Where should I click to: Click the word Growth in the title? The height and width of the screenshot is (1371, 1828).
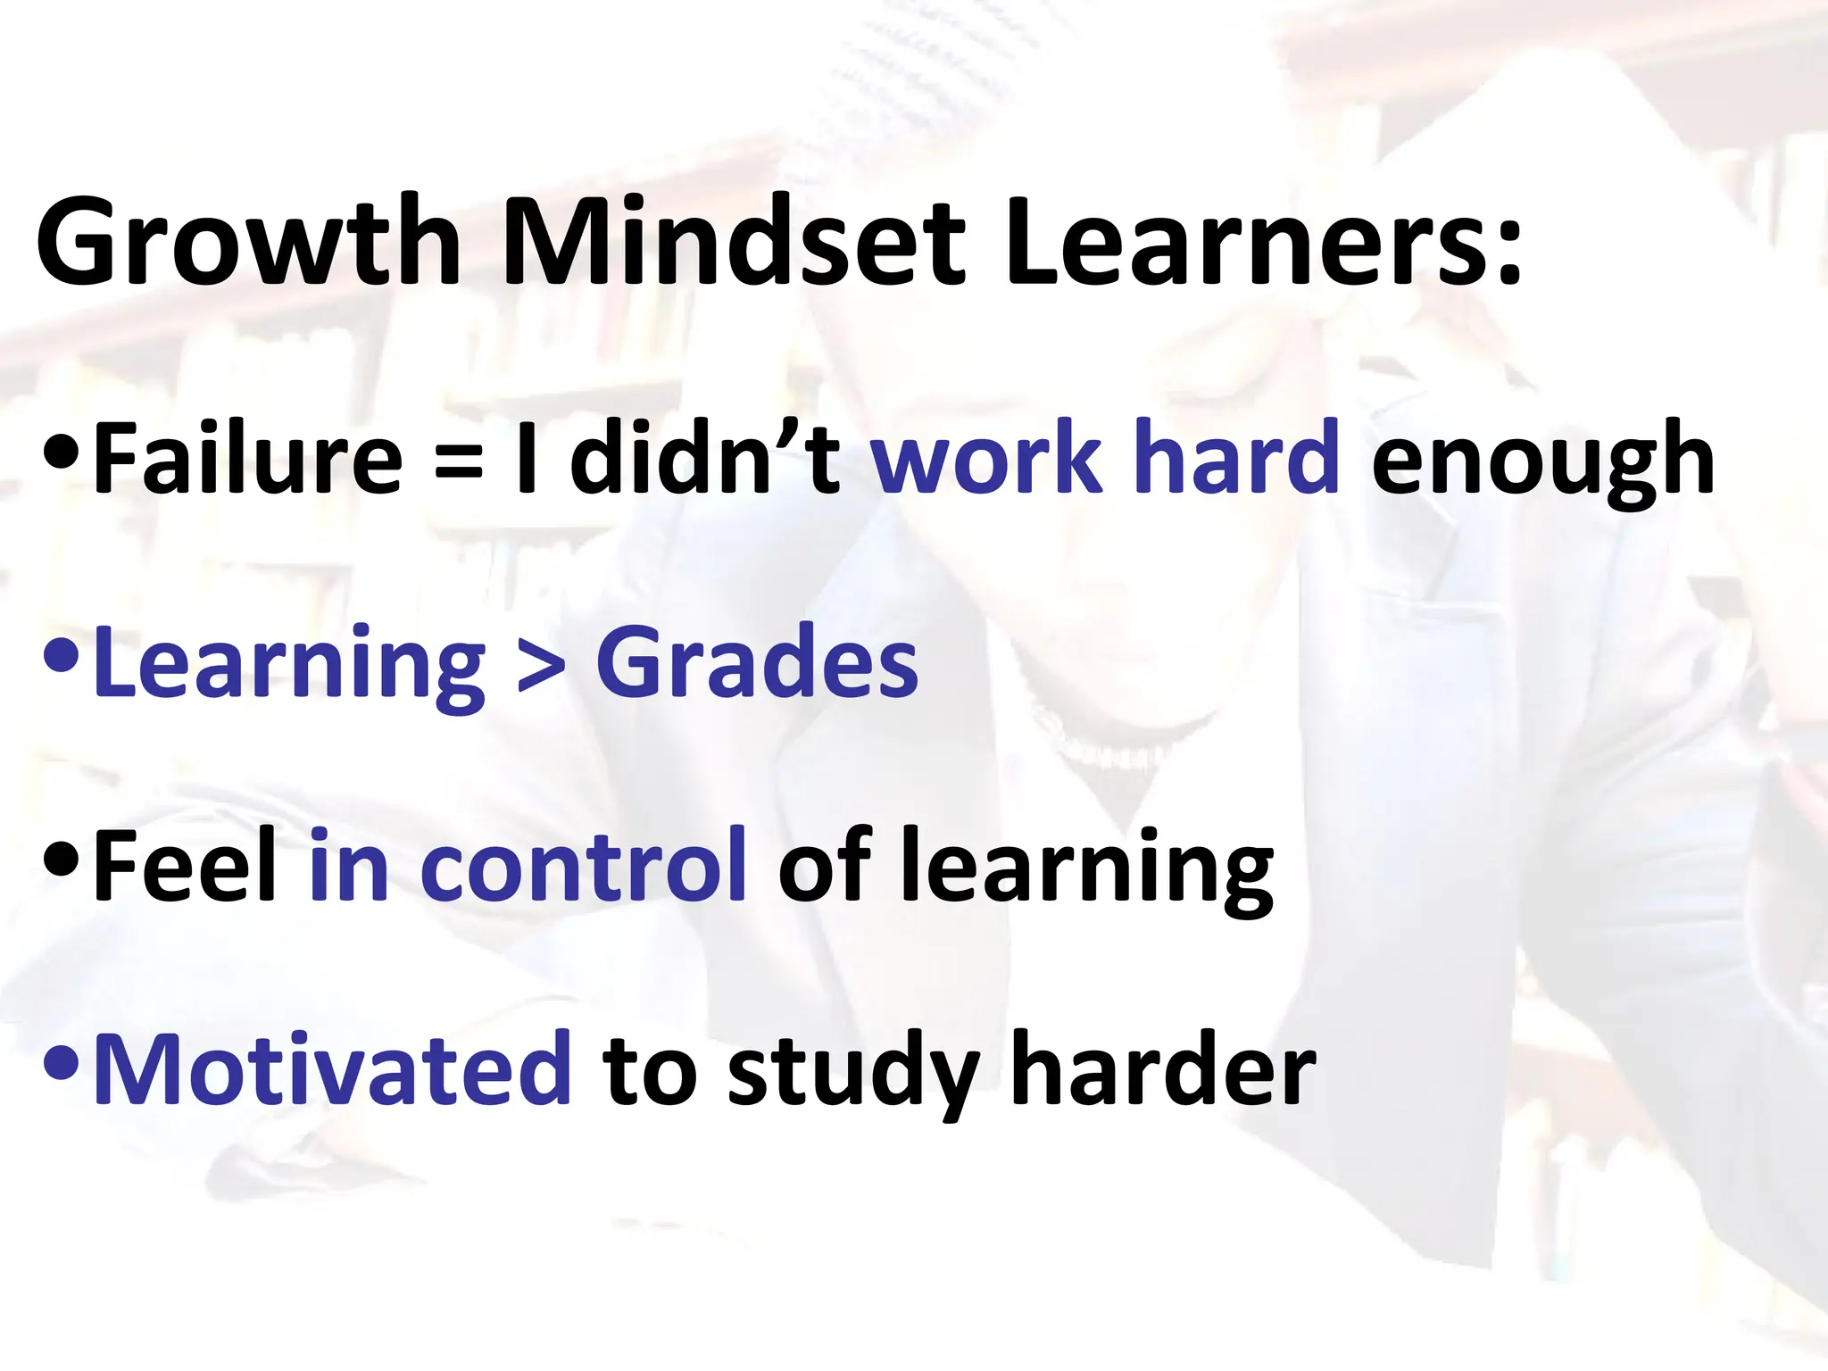(248, 243)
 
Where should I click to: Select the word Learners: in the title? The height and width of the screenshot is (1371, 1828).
(1263, 243)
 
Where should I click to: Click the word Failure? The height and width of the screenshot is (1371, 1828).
(248, 459)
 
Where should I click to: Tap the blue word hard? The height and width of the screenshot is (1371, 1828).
(1241, 459)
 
